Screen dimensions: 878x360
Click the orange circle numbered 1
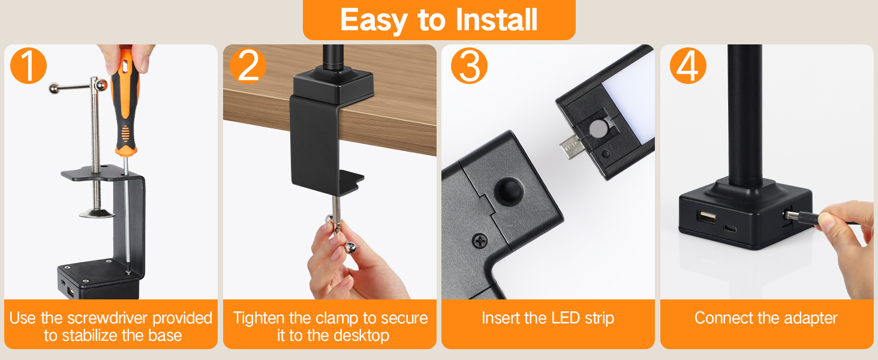(28, 65)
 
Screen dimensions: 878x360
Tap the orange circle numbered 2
(248, 65)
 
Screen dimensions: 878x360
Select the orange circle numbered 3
(469, 65)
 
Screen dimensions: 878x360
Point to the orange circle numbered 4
(688, 65)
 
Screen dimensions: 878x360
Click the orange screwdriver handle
(125, 103)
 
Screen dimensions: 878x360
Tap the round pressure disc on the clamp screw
(97, 214)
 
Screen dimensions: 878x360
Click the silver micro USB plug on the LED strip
(571, 146)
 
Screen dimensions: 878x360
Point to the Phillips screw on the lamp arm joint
(480, 241)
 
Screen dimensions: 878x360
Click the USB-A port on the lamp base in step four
(706, 217)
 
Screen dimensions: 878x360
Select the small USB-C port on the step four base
(729, 229)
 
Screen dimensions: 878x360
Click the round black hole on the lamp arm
(508, 191)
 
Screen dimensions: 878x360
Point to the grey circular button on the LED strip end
(598, 128)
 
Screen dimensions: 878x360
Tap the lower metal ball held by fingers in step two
(351, 247)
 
